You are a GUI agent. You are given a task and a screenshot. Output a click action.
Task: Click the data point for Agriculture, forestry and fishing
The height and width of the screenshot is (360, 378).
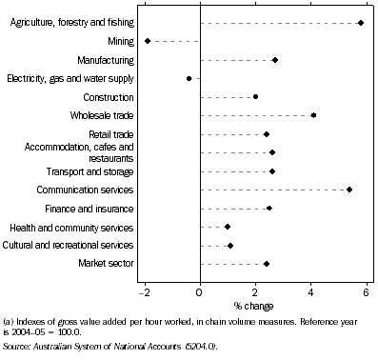(361, 22)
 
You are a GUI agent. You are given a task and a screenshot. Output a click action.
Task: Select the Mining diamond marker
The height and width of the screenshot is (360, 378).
(148, 41)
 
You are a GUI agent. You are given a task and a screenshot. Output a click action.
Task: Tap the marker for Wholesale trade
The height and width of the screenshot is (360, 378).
(313, 115)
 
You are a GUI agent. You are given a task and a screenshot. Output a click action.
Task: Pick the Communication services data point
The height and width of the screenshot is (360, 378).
(349, 190)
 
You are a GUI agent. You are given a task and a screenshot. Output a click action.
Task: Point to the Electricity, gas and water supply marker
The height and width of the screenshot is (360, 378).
(189, 78)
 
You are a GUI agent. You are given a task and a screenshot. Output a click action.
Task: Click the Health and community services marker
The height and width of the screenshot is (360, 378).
(228, 227)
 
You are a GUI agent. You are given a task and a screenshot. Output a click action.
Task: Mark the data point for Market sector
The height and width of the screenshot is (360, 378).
(267, 264)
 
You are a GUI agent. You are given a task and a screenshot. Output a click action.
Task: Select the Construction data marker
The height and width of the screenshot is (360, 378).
(255, 97)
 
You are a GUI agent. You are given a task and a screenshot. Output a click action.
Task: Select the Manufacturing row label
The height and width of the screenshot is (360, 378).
(106, 60)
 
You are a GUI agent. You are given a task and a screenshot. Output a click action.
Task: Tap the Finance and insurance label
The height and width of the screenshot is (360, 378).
(93, 209)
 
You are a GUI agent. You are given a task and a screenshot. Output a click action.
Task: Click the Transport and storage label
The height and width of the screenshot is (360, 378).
(93, 171)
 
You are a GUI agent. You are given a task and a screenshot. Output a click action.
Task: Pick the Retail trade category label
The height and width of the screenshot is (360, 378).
(111, 134)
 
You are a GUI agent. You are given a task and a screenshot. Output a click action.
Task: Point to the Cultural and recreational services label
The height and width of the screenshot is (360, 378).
(75, 246)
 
